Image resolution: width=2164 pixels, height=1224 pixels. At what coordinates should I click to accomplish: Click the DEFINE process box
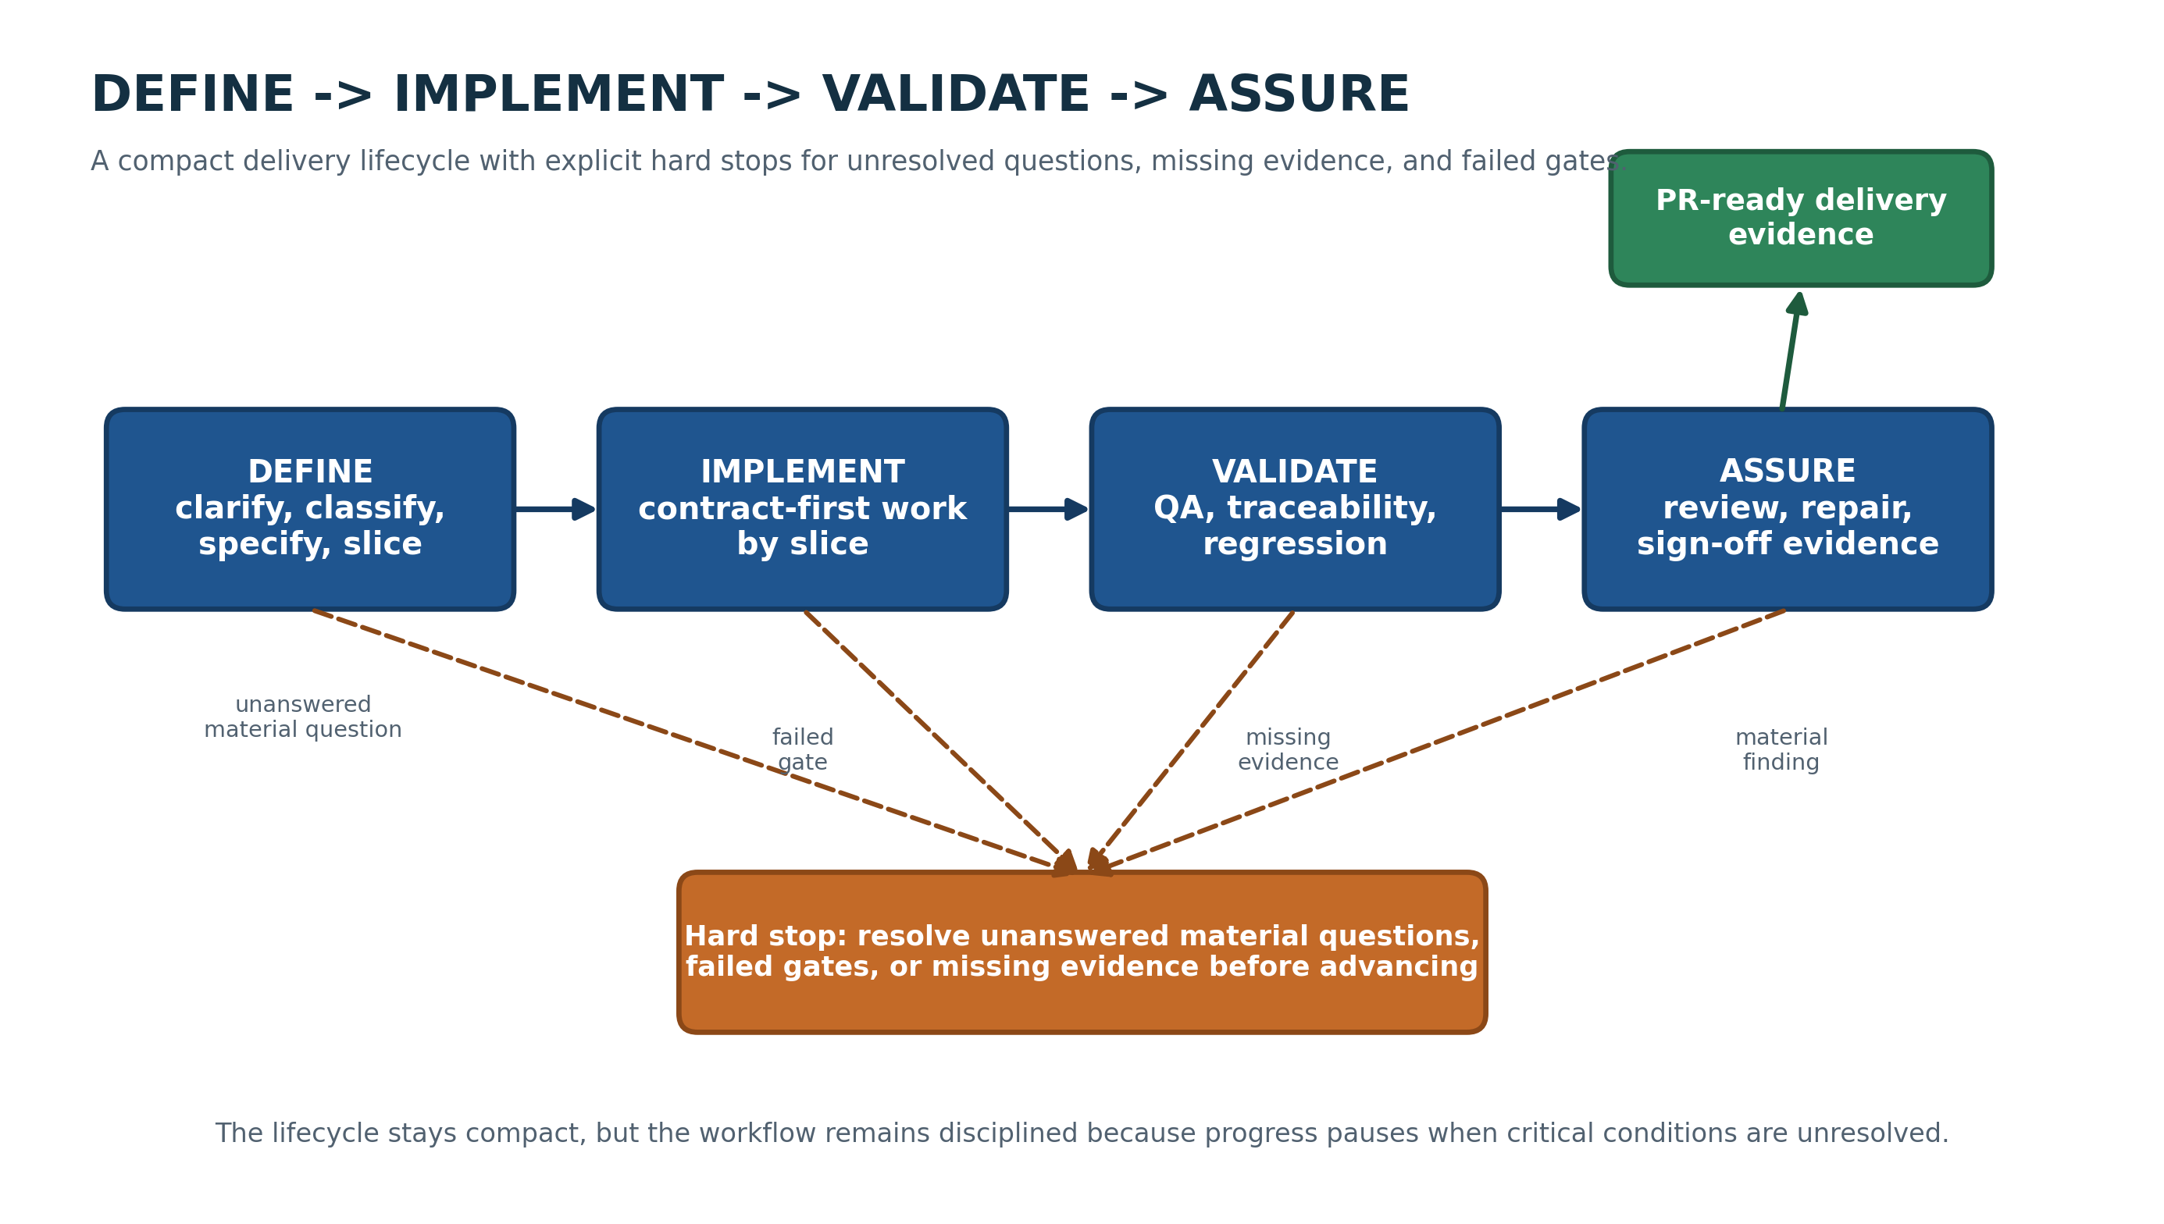coord(309,509)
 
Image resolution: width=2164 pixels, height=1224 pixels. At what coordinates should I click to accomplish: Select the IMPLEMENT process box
coord(802,509)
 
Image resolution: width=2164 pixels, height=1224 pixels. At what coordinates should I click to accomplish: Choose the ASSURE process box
coord(1788,509)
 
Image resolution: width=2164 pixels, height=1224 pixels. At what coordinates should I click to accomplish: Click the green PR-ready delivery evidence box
coord(1801,218)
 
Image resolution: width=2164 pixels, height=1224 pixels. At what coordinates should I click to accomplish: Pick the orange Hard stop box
coord(1082,952)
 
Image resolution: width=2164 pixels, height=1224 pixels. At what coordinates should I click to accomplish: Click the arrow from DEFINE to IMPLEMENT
coord(555,509)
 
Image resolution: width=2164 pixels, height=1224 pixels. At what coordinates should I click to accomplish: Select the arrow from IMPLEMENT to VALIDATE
coord(1048,509)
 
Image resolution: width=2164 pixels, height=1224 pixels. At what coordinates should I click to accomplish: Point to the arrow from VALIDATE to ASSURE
coord(1541,509)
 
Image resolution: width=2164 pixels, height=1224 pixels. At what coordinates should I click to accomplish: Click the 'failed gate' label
coord(802,749)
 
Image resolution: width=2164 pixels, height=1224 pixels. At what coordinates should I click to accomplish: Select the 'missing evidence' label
coord(1288,749)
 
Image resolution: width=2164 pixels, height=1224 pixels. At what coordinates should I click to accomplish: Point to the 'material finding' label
coord(1781,749)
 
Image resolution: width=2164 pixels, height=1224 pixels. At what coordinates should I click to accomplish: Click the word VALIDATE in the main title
coord(955,94)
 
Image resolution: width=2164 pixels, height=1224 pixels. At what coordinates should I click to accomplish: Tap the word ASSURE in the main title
coord(1299,94)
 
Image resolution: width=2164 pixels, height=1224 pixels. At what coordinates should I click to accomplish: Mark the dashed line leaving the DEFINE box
coord(693,741)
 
